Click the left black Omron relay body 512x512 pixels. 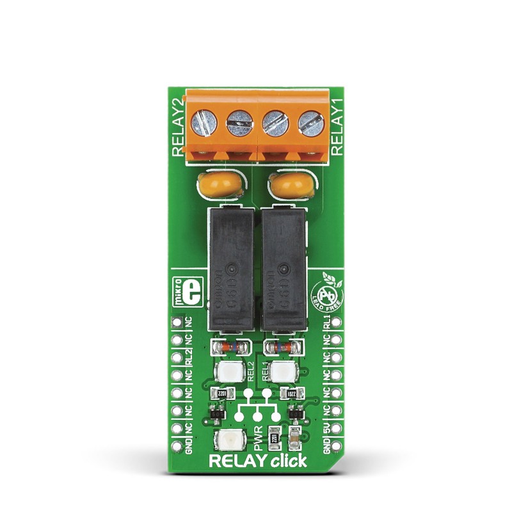pyautogui.click(x=229, y=269)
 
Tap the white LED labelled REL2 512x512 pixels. pyautogui.click(x=228, y=371)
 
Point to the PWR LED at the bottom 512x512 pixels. pyautogui.click(x=227, y=440)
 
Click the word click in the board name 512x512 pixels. pyautogui.click(x=289, y=461)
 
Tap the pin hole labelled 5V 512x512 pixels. pyautogui.click(x=337, y=427)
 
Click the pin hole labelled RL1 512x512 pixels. pyautogui.click(x=337, y=322)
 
